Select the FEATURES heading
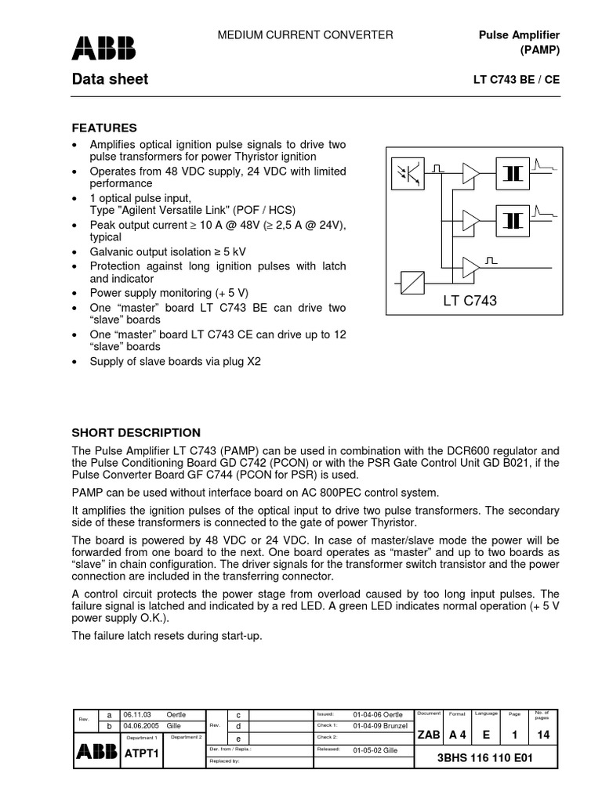coord(104,128)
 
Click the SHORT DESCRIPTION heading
coord(136,432)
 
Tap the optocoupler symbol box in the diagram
coord(408,173)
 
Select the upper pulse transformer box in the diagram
coord(512,173)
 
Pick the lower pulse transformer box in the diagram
coord(512,219)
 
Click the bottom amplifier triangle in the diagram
coord(472,266)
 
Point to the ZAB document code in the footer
coord(429,735)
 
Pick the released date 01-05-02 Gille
coord(378,749)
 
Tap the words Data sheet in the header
coord(110,79)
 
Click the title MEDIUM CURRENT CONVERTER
coord(305,35)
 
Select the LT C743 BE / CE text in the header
coord(517,80)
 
